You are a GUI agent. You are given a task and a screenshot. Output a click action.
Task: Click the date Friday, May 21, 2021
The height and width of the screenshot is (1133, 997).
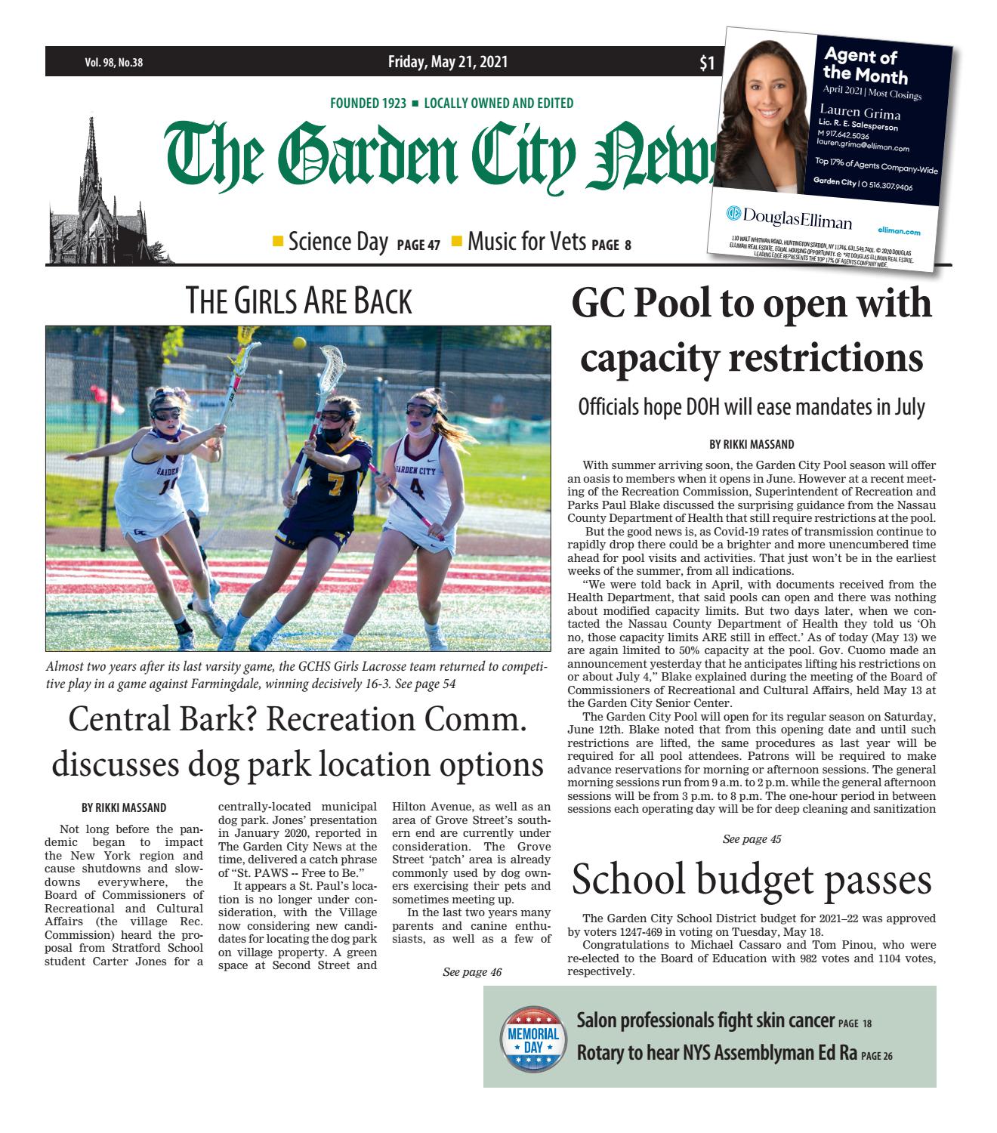448,62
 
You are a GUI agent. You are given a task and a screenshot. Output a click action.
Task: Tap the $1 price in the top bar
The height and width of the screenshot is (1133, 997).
706,64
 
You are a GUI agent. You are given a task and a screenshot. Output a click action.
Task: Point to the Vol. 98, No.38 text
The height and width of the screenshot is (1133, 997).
113,63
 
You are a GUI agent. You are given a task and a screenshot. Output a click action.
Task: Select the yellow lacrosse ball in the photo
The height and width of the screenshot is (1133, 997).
300,344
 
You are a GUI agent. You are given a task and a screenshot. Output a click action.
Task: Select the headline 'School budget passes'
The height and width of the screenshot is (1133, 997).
751,880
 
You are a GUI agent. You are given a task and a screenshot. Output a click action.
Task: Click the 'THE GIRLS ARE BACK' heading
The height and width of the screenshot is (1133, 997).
298,301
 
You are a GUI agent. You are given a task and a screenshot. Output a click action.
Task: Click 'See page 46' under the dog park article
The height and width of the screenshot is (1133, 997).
472,972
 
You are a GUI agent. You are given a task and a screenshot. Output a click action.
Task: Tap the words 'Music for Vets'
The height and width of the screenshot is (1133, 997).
526,242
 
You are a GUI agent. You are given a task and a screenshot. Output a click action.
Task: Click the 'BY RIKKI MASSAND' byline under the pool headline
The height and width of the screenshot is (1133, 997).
752,444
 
